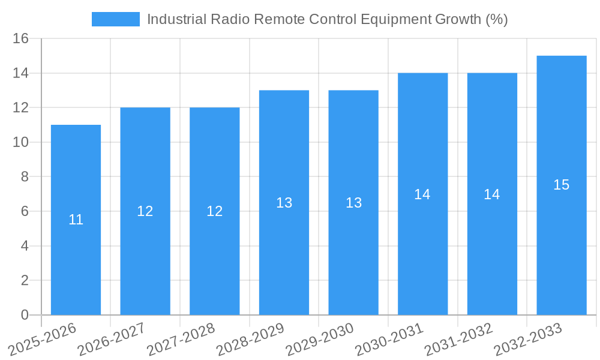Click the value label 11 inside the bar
pyautogui.click(x=76, y=220)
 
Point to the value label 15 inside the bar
pyautogui.click(x=562, y=185)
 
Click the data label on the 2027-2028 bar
pyautogui.click(x=215, y=211)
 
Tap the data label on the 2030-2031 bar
pyautogui.click(x=422, y=194)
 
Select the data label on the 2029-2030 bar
pyautogui.click(x=353, y=203)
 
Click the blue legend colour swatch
pyautogui.click(x=115, y=19)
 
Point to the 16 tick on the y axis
pyautogui.click(x=21, y=38)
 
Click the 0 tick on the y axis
pyautogui.click(x=25, y=315)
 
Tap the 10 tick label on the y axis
pyautogui.click(x=21, y=142)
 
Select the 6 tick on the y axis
pyautogui.click(x=25, y=211)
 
